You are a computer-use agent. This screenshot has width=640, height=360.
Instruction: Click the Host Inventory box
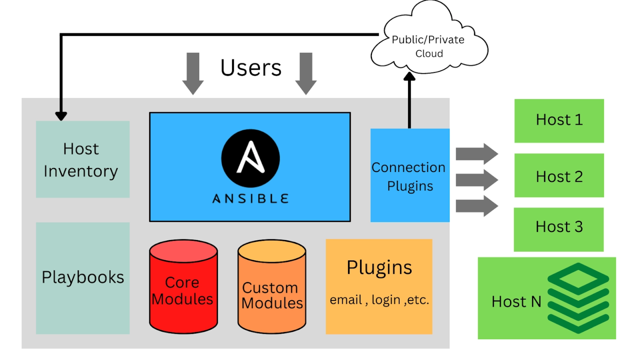click(82, 159)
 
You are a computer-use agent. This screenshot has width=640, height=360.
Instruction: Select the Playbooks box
click(82, 278)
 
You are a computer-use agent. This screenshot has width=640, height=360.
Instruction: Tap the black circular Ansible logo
click(250, 158)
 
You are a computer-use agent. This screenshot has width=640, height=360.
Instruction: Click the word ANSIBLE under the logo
click(250, 199)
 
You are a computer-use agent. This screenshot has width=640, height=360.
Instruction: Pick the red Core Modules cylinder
click(183, 287)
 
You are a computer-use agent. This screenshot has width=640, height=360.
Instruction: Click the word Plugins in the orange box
click(379, 267)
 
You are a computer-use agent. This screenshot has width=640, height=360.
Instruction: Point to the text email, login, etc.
click(379, 300)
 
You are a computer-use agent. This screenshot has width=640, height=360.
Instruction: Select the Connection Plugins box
click(410, 175)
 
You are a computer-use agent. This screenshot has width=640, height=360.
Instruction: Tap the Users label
click(251, 67)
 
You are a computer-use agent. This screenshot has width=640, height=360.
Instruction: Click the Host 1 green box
click(559, 120)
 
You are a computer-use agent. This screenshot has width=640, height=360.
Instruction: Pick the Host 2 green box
click(559, 175)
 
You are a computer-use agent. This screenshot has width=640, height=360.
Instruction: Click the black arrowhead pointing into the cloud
click(410, 77)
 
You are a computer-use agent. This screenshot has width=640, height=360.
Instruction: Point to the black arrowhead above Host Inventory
click(61, 116)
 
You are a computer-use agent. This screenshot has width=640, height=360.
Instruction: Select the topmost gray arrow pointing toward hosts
click(477, 154)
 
